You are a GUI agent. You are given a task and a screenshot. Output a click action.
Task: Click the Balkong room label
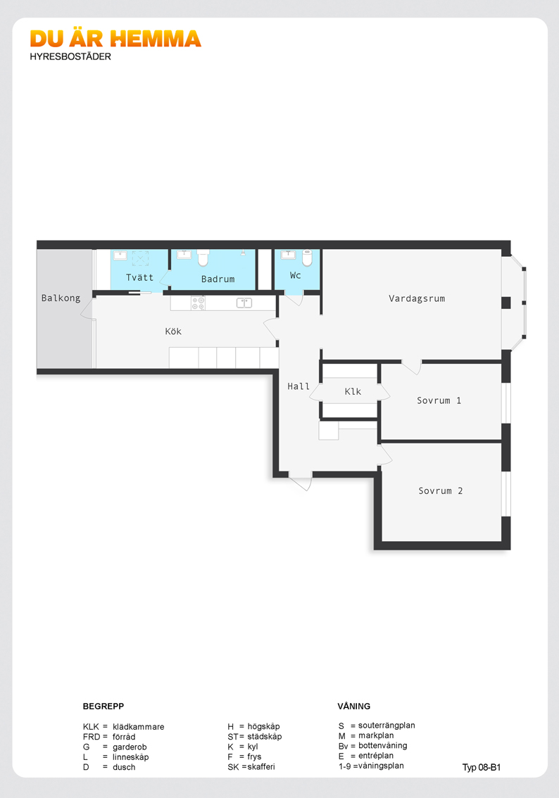[x=61, y=298]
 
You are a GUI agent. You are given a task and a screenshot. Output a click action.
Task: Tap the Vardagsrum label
[x=417, y=299]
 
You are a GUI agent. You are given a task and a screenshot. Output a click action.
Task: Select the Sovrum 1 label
[x=439, y=400]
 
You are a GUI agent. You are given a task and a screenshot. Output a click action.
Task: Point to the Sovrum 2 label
[x=441, y=490]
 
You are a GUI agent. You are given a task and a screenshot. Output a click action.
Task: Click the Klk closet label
[x=353, y=391]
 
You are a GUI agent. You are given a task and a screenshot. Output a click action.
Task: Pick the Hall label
[x=299, y=386]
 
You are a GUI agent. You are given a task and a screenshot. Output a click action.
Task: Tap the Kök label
[x=173, y=331]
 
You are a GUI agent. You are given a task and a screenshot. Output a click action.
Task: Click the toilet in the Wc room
[x=307, y=258]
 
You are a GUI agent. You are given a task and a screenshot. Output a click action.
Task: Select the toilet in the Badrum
[x=203, y=258]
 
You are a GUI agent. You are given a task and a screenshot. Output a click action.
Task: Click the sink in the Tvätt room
[x=120, y=255]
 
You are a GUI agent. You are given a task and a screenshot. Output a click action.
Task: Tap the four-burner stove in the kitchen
[x=198, y=303]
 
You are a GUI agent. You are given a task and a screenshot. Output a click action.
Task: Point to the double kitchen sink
[x=244, y=303]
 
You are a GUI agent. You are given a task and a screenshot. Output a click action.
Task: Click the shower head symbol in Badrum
[x=244, y=252]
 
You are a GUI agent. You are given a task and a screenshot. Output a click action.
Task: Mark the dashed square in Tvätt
[x=141, y=258]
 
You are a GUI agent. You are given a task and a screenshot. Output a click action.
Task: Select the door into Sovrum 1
[x=412, y=367]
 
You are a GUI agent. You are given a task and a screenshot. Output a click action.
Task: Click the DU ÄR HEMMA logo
[x=115, y=39]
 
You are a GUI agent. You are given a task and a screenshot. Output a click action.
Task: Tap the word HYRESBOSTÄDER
[x=70, y=56]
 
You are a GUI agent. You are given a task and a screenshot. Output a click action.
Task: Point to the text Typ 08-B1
[x=482, y=768]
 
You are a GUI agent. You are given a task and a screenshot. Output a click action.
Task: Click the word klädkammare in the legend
[x=139, y=727]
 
